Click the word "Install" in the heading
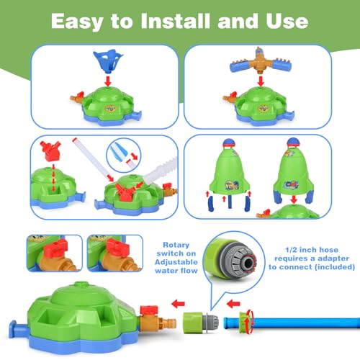pyautogui.click(x=176, y=21)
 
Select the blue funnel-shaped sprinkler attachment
pyautogui.click(x=108, y=60)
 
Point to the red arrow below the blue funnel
pyautogui.click(x=108, y=81)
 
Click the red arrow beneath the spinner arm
pyautogui.click(x=261, y=81)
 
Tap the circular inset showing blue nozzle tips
pyautogui.click(x=124, y=155)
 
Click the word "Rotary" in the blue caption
pyautogui.click(x=176, y=245)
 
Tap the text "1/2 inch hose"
pyautogui.click(x=312, y=250)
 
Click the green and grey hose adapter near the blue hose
pyautogui.click(x=201, y=322)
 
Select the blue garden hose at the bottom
pyautogui.click(x=292, y=323)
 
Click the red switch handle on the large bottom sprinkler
pyautogui.click(x=149, y=310)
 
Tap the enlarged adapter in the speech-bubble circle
pyautogui.click(x=230, y=259)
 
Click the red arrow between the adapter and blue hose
pyautogui.click(x=233, y=304)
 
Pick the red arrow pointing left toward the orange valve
pyautogui.click(x=179, y=304)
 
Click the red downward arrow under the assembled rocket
pyautogui.click(x=294, y=199)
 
